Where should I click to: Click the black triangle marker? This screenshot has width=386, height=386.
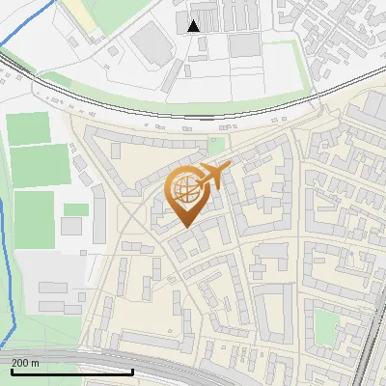pos(195,26)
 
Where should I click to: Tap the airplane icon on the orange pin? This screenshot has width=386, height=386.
pos(214,177)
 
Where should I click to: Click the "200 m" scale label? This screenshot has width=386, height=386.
pos(26,363)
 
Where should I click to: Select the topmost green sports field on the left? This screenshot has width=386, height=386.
pos(29,128)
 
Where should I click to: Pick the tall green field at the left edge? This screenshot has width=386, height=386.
pos(33,218)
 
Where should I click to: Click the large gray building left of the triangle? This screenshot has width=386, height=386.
pos(149,43)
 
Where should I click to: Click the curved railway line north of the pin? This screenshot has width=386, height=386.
pos(193,114)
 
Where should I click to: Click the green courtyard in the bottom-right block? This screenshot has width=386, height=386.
pos(328,323)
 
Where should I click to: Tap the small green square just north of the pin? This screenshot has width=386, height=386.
pos(217,147)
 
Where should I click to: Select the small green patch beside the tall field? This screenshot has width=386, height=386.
pos(76,209)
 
